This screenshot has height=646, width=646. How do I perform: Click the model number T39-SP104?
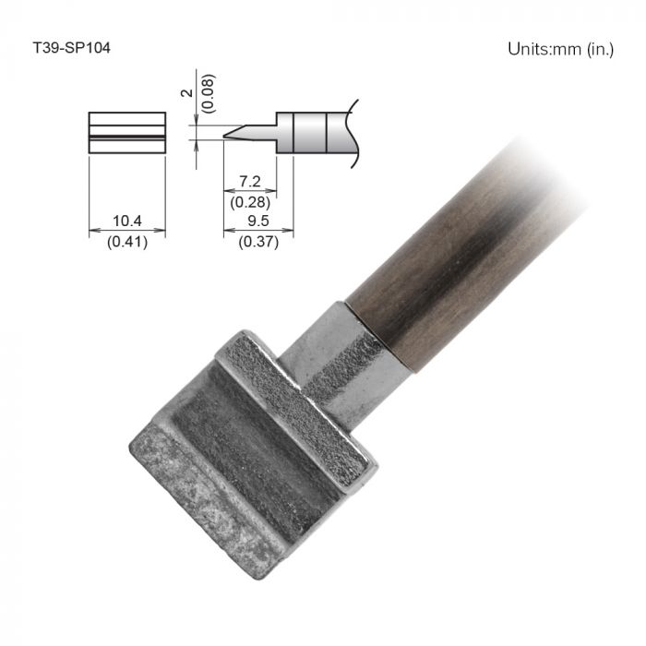point(72,47)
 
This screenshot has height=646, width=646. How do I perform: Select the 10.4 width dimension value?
point(126,221)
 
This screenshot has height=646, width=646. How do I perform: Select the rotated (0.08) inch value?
point(209,93)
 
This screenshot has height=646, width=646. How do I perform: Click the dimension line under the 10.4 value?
point(126,231)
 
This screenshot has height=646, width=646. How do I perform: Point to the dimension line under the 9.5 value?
point(258,231)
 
